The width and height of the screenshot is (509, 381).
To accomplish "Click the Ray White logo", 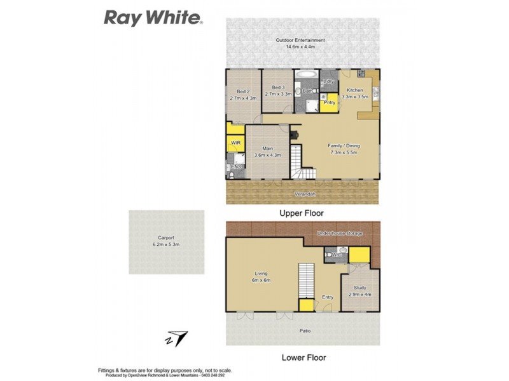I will pyautogui.click(x=153, y=17).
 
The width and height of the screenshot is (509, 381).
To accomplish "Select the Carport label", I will pyautogui.click(x=167, y=237).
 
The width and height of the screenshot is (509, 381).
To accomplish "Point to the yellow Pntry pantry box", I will pyautogui.click(x=329, y=102).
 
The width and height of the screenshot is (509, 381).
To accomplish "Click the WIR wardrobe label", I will pyautogui.click(x=235, y=143).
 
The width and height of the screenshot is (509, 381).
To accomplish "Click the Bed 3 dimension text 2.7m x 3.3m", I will pyautogui.click(x=277, y=94).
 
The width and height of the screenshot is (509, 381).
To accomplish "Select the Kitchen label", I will pyautogui.click(x=354, y=90).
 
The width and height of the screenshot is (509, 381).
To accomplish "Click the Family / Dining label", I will pyautogui.click(x=343, y=145).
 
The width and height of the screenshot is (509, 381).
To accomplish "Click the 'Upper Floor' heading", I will pyautogui.click(x=302, y=213).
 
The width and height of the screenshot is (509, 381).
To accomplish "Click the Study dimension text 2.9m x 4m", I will pyautogui.click(x=359, y=294).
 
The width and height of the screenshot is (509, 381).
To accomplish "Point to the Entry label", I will pyautogui.click(x=328, y=297).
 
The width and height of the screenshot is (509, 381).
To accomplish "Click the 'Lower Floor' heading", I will pyautogui.click(x=303, y=358).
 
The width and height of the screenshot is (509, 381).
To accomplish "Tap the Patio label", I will pyautogui.click(x=307, y=331).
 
